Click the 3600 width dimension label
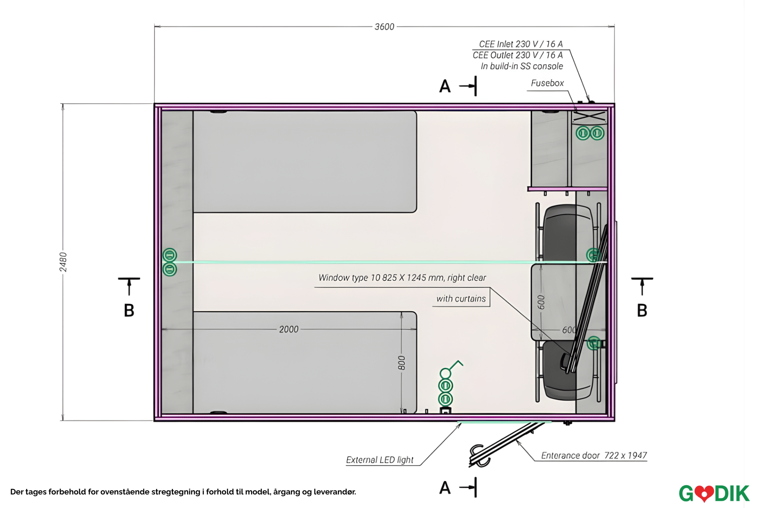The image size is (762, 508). tap(384, 27)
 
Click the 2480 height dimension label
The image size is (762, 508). tap(63, 262)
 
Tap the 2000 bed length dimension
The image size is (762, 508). tap(289, 329)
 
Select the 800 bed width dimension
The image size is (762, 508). tap(401, 363)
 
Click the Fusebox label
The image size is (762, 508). tap(547, 83)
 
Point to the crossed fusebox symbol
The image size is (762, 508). tap(589, 117)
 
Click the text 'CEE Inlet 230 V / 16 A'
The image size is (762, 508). tap(521, 44)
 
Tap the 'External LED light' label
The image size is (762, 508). tap(380, 460)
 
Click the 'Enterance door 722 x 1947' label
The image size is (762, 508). tap(594, 456)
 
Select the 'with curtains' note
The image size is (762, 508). tap(461, 298)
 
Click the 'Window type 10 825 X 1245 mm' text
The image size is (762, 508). tap(381, 278)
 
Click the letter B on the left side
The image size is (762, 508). tap(129, 310)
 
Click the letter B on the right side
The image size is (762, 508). tap(642, 310)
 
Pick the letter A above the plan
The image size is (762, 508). tap(445, 86)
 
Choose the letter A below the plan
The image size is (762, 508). tap(445, 488)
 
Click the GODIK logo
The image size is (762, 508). tap(714, 493)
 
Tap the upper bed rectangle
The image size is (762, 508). tap(305, 161)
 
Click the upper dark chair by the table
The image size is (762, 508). tap(567, 233)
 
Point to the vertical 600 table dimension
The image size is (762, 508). tap(541, 302)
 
